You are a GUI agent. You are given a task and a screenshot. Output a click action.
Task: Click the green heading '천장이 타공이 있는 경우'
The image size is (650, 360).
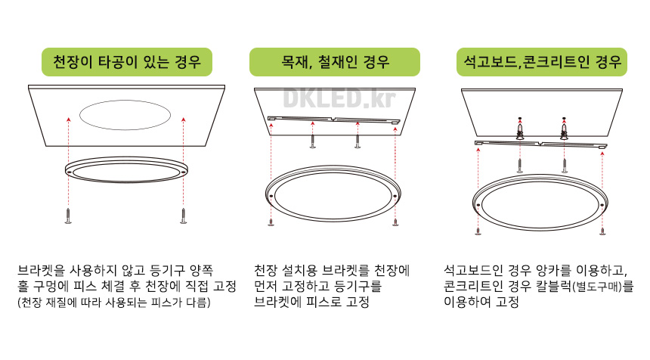[x=127, y=61]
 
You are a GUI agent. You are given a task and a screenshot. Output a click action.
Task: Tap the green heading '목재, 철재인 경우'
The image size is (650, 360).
[x=334, y=61]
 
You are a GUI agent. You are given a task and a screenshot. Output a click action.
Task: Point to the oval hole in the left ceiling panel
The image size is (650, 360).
[x=125, y=116]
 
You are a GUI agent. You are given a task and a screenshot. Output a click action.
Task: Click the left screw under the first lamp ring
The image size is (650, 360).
[x=68, y=217]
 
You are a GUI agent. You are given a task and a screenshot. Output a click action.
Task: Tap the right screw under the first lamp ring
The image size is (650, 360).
[x=183, y=217]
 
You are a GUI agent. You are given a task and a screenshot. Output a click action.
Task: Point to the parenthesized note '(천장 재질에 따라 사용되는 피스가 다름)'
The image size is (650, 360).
[x=113, y=303]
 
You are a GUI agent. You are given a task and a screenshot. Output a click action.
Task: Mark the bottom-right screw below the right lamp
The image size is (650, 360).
[x=602, y=229]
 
